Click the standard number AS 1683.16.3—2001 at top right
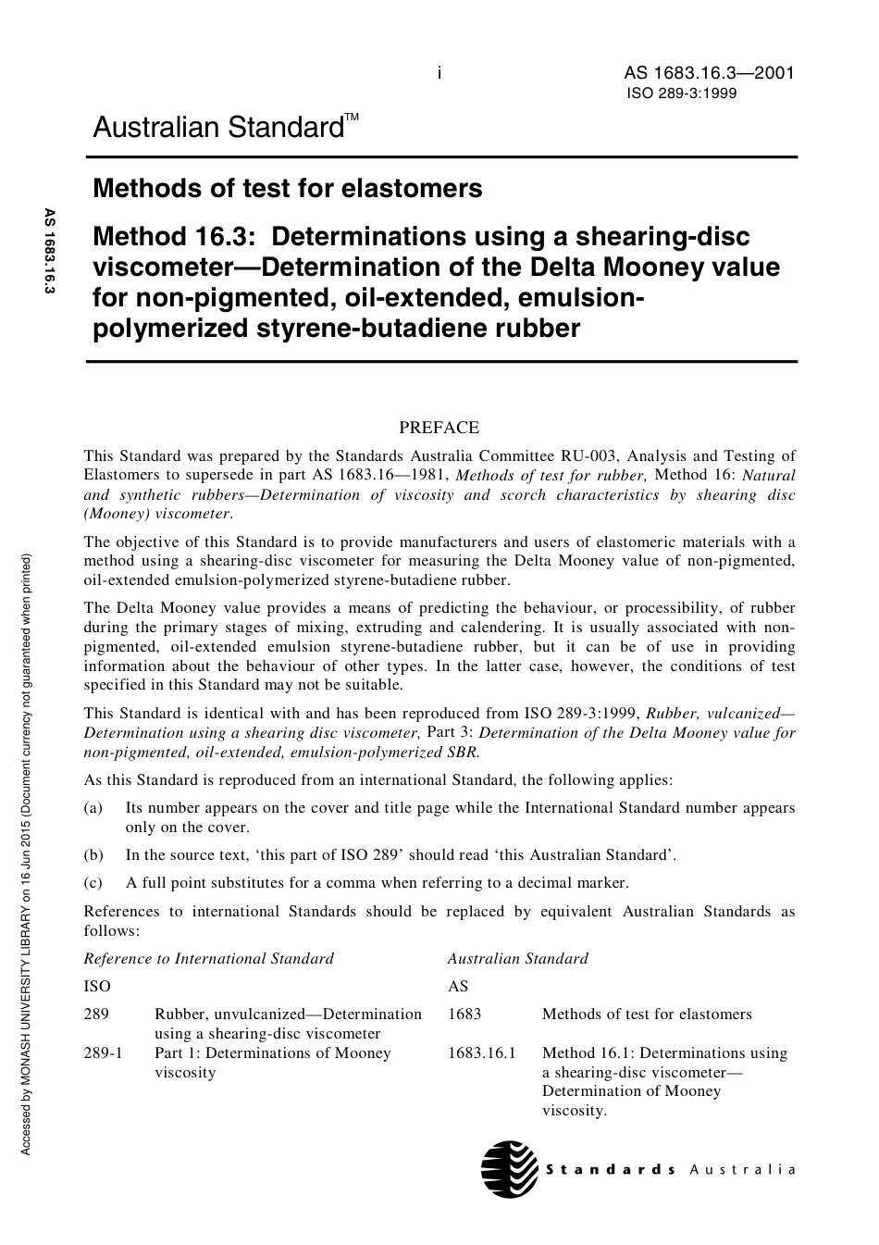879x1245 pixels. pyautogui.click(x=709, y=74)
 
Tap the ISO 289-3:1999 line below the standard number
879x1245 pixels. pyautogui.click(x=682, y=93)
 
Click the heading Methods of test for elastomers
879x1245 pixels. pyautogui.click(x=287, y=189)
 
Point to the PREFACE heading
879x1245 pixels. pyautogui.click(x=439, y=428)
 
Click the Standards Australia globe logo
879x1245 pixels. pyautogui.click(x=509, y=1169)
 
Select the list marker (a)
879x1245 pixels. pyautogui.click(x=93, y=808)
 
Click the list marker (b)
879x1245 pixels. pyautogui.click(x=93, y=854)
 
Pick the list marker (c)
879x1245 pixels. pyautogui.click(x=93, y=882)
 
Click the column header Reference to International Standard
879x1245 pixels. pyautogui.click(x=208, y=958)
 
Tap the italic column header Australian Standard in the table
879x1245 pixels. pyautogui.click(x=517, y=958)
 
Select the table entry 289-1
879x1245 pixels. pyautogui.click(x=103, y=1053)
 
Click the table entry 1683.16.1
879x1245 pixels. pyautogui.click(x=481, y=1053)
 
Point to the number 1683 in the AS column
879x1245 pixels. pyautogui.click(x=464, y=1014)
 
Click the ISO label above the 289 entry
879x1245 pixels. pyautogui.click(x=96, y=986)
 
